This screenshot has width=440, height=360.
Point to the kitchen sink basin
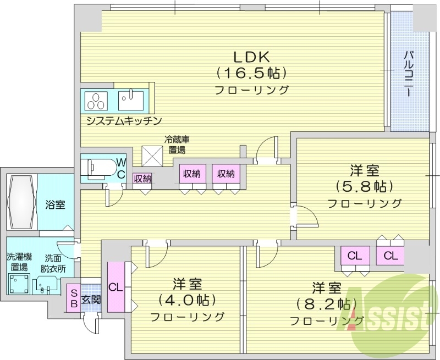pos(131,101)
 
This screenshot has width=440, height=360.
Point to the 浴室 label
pos(55,205)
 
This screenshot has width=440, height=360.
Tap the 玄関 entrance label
pos(91,300)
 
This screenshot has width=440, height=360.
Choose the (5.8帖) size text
pos(364,186)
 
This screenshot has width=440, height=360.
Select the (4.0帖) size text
pos(187,300)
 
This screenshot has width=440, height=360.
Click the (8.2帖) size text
pos(327,303)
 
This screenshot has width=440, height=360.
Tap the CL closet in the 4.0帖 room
pos(115,287)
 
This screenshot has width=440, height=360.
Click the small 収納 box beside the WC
pos(142,178)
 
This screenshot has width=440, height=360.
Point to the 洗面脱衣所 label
pos(55,263)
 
